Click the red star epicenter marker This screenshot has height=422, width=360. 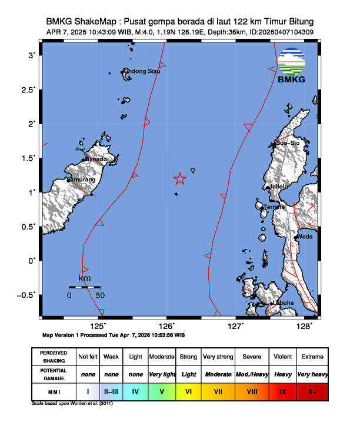pyautogui.click(x=180, y=179)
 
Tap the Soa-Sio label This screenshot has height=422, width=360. pyautogui.click(x=288, y=143)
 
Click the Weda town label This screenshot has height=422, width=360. pyautogui.click(x=304, y=237)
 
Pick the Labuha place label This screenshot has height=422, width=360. pyautogui.click(x=282, y=303)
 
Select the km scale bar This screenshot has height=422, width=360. pyautogui.click(x=84, y=287)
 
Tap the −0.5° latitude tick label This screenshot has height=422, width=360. pyautogui.click(x=26, y=294)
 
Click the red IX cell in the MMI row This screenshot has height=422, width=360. pyautogui.click(x=283, y=390)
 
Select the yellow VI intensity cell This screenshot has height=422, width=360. pyautogui.click(x=188, y=390)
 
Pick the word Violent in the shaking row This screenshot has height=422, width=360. pyautogui.click(x=283, y=357)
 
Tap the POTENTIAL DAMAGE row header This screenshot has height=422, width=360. pyautogui.click(x=54, y=374)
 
